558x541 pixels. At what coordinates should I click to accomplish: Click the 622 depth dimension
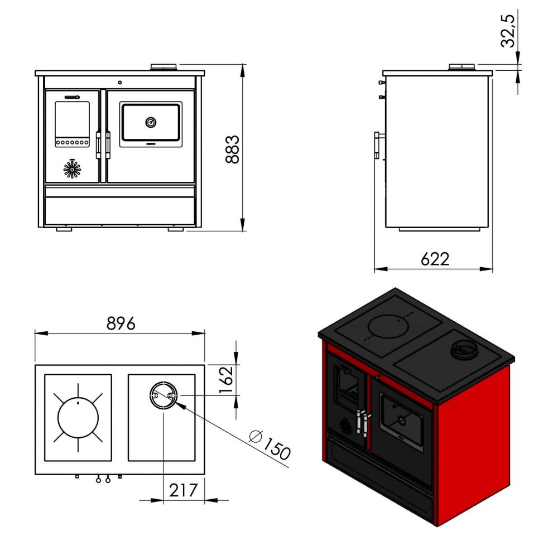(x=435, y=259)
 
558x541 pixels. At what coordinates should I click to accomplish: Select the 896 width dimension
(x=120, y=323)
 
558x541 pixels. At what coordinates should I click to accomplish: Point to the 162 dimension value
(x=227, y=380)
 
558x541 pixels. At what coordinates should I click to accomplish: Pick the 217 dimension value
(x=184, y=490)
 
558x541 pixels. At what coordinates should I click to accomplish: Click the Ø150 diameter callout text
(x=270, y=445)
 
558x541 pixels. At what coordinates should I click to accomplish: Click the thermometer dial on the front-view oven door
(x=151, y=122)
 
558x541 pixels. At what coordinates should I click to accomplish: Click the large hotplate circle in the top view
(x=78, y=417)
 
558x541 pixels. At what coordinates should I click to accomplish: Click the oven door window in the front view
(x=151, y=123)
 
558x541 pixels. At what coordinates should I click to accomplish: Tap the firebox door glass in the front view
(x=73, y=118)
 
